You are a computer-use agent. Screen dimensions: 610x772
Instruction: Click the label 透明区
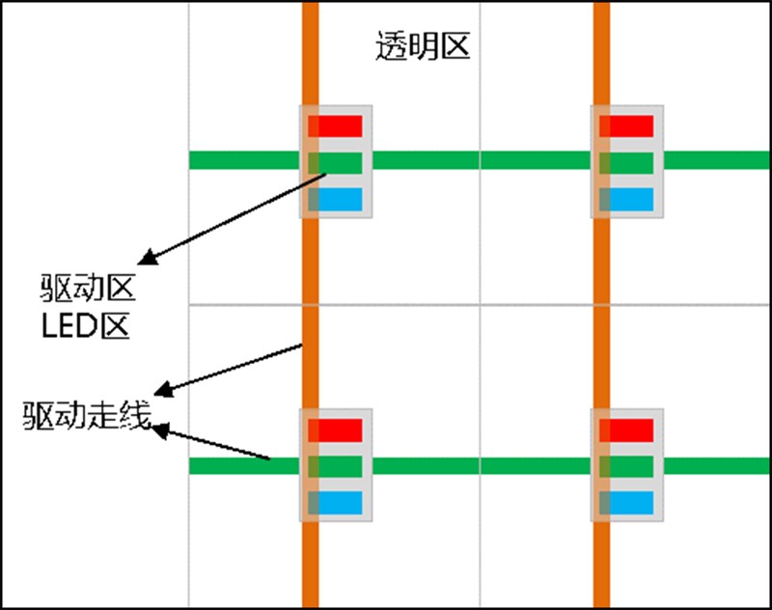coord(422,46)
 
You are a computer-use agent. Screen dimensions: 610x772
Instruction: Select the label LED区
coord(86,325)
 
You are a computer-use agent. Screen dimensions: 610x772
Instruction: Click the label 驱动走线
coord(88,417)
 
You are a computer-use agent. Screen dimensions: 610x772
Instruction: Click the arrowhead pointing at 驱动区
coord(147,259)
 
